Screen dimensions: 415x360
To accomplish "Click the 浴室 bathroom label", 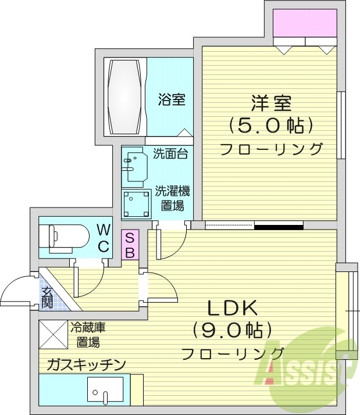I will pos(172,99).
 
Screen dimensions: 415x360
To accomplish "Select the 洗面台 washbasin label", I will pos(170,154).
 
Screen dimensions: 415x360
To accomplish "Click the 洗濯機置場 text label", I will pos(173,198).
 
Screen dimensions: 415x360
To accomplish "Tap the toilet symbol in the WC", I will pos(63,238).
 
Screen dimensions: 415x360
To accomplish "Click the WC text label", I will pos(103,237).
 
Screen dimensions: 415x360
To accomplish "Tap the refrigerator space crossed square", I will pos(53,334).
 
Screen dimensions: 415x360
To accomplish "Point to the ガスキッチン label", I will pos(86,364).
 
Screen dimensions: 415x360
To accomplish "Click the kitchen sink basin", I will pos(105,391).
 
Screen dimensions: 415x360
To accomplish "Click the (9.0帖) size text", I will pos(233,330).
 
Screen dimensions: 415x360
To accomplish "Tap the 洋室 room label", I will pos(271,103).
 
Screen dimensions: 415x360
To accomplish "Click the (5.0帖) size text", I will pos(271,124).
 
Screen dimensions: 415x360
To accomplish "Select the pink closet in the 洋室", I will pos(304,24).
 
